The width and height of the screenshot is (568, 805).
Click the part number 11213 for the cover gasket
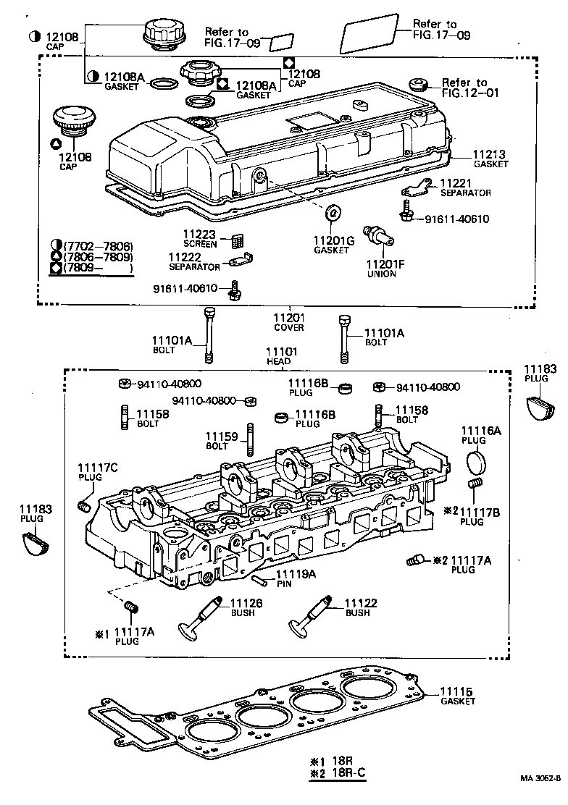[490, 154]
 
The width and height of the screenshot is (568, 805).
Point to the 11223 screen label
[199, 234]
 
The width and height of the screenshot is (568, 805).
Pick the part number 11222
[185, 257]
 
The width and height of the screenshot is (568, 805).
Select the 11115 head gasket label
[456, 692]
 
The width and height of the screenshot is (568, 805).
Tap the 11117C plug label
[98, 468]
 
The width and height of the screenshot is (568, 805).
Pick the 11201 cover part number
[288, 318]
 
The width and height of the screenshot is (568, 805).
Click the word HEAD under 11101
[278, 361]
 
